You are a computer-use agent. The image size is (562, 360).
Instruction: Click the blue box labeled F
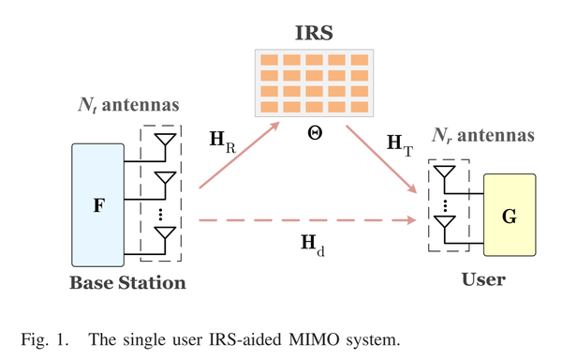(x=98, y=203)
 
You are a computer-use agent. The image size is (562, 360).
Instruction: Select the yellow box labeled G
(x=509, y=215)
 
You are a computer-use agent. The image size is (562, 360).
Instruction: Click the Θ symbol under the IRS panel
(x=314, y=133)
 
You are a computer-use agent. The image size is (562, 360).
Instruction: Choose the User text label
(x=483, y=279)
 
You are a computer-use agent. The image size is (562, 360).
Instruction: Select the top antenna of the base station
(x=165, y=142)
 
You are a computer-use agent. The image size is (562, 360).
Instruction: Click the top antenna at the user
(x=444, y=175)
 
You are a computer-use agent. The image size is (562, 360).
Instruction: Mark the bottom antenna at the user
(x=444, y=225)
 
